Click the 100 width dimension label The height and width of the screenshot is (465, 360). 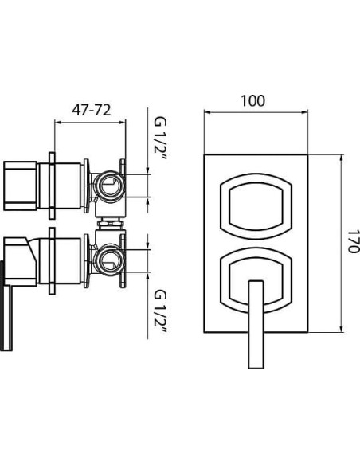[253, 101]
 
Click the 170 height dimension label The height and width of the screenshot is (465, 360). [353, 240]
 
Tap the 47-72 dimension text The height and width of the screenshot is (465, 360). [92, 111]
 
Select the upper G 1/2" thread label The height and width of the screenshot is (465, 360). [160, 139]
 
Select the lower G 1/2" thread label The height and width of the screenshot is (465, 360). [160, 311]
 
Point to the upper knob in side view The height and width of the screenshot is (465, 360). [21, 186]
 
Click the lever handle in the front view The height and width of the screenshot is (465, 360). [256, 324]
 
